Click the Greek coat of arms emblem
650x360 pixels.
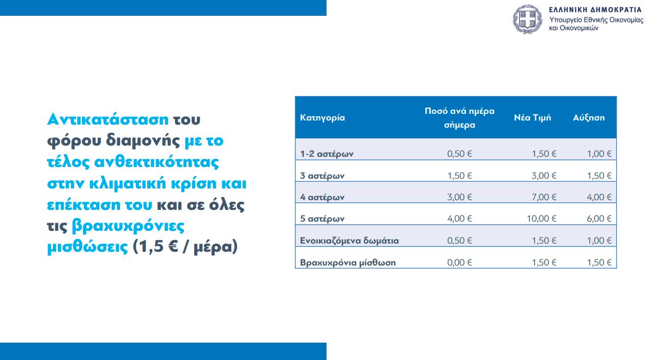coord(527,19)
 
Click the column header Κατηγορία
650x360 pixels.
coord(322,118)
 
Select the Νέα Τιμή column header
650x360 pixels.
coord(532,117)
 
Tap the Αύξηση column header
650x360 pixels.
coord(589,117)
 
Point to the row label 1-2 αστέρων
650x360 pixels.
coord(327,154)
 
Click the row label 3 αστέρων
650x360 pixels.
coord(322,176)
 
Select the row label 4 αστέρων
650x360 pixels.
coord(322,197)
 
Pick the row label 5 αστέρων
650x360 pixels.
coord(322,219)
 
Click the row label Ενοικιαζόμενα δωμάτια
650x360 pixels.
coord(350,241)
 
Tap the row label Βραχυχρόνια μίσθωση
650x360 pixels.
coord(347,262)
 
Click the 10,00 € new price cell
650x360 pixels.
coord(542,219)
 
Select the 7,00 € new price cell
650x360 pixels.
coord(544,197)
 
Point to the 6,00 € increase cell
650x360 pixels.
coord(599,219)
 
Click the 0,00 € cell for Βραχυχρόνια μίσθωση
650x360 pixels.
coord(459,262)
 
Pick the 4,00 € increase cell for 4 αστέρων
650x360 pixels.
coord(599,197)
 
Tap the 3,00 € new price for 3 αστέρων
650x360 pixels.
coord(544,176)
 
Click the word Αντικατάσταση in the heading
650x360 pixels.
coord(108,119)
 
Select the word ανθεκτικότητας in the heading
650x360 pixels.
coord(156,162)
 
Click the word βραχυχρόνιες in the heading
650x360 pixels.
coord(128,226)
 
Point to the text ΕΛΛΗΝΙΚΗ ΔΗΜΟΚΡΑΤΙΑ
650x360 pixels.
coord(595,10)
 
